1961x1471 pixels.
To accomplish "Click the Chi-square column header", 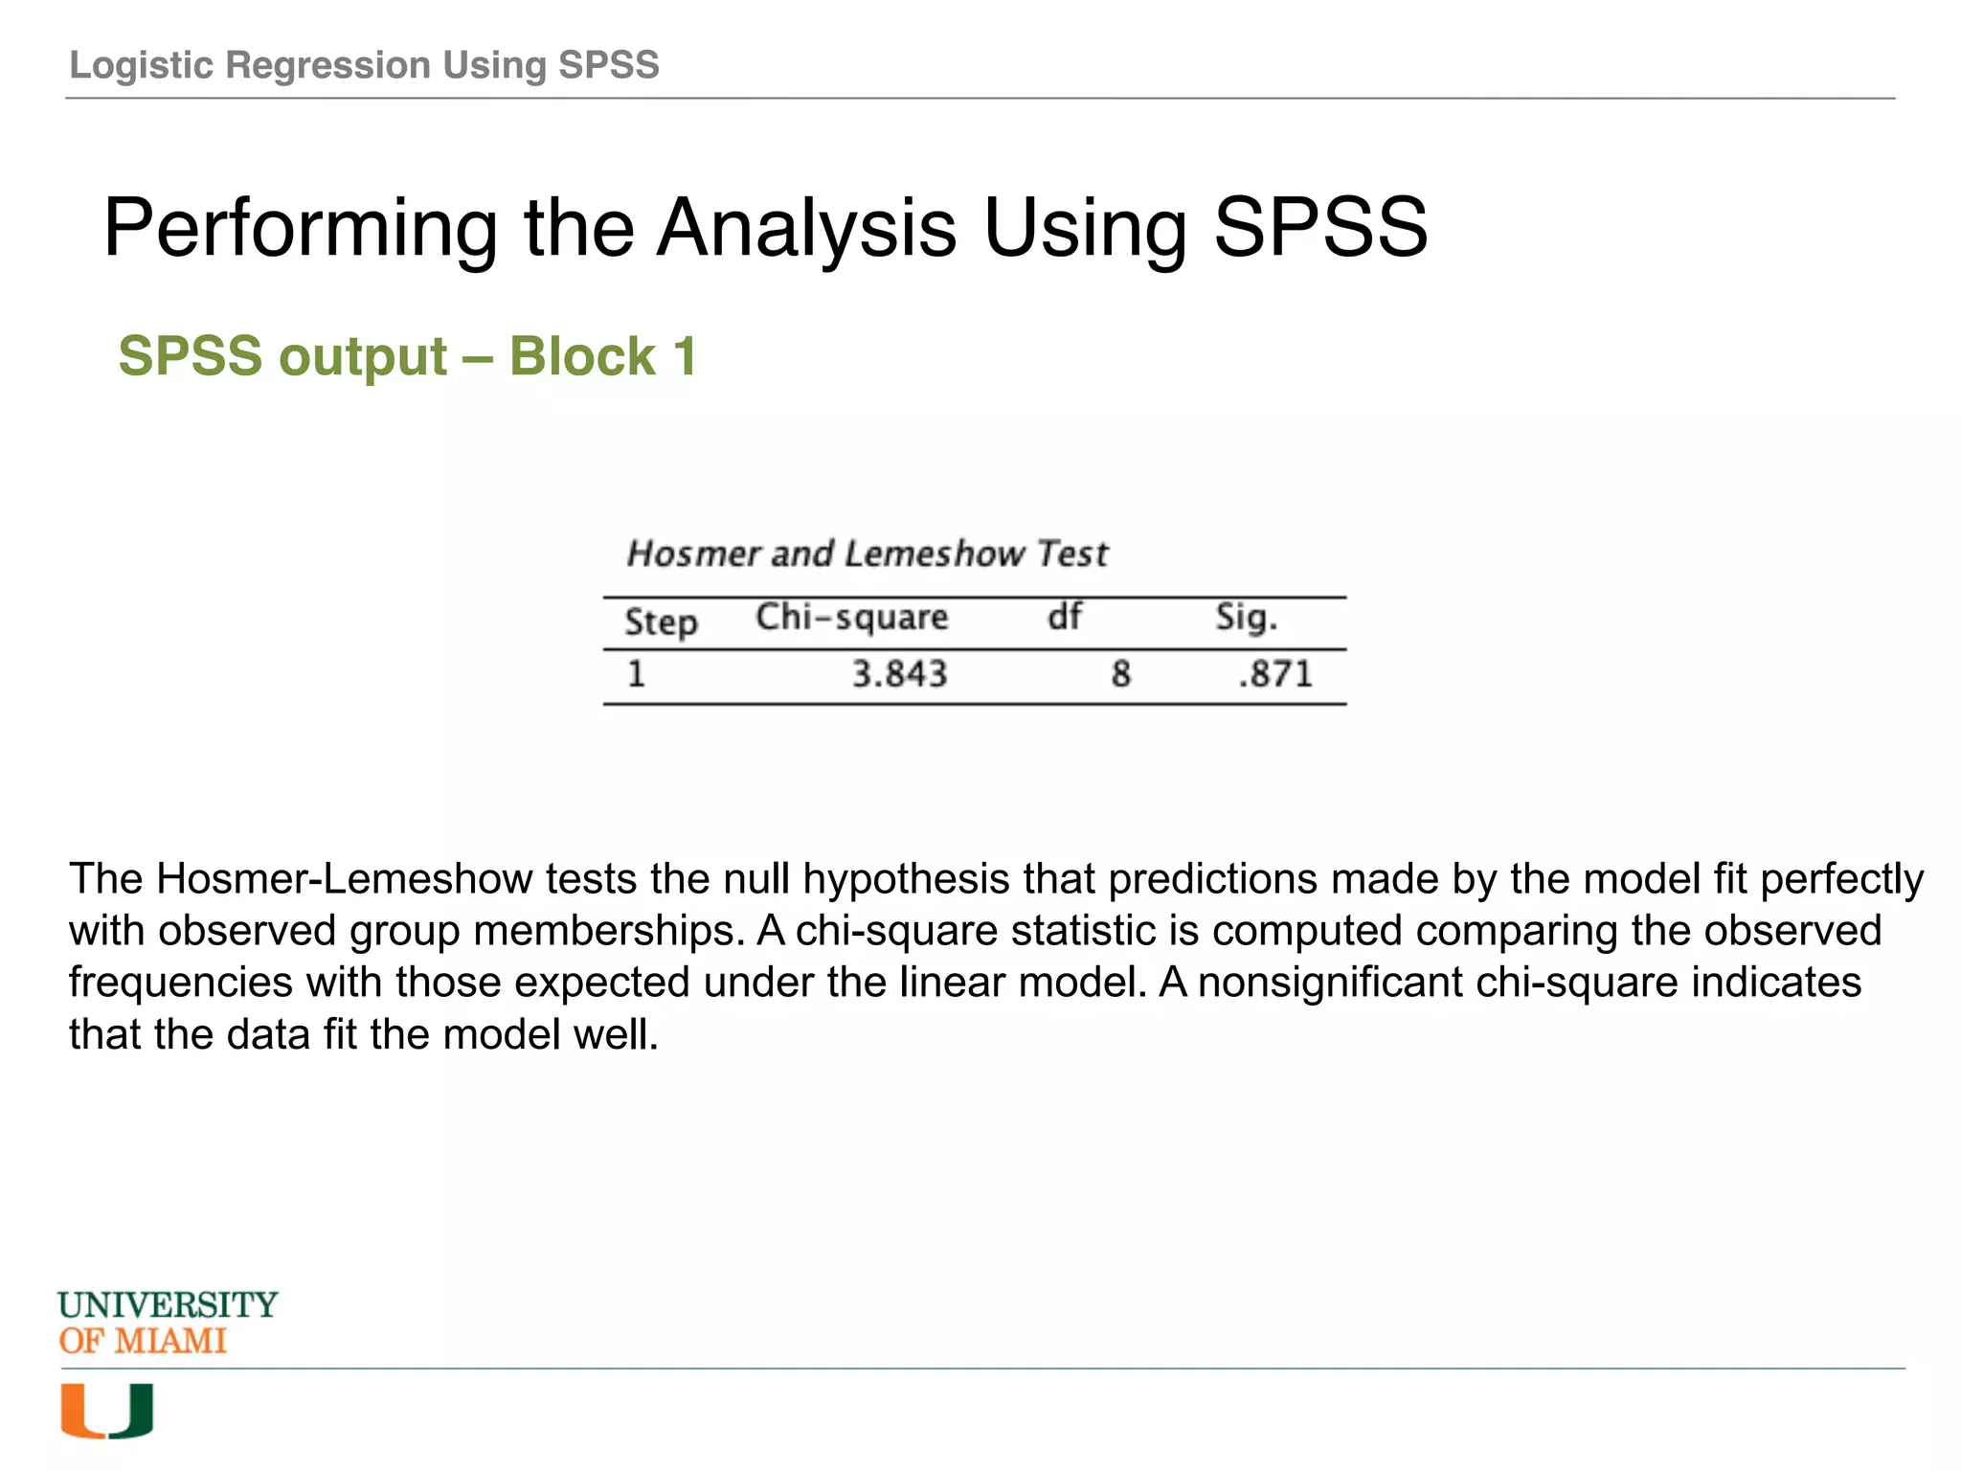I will tap(851, 618).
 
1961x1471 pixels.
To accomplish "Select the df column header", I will tap(1064, 616).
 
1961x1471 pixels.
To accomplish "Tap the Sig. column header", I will tap(1246, 618).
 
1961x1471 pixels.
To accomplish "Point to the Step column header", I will tap(661, 622).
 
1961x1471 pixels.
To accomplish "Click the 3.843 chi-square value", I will tap(899, 674).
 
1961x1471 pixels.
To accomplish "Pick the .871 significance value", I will tap(1274, 674).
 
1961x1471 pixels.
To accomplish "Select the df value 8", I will tap(1120, 674).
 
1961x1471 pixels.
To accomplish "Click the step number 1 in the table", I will tap(637, 674).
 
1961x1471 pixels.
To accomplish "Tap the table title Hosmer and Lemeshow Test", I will tap(867, 554).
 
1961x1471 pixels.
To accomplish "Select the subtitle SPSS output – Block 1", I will tap(407, 356).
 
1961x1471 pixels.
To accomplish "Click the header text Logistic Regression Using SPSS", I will tap(364, 65).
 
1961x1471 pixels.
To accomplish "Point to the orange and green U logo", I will tap(106, 1411).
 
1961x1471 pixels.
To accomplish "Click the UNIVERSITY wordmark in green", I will tap(168, 1304).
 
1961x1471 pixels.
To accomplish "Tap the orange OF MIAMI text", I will tap(143, 1341).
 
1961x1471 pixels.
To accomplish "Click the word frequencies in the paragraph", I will tap(181, 983).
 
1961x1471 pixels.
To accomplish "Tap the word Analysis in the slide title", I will tap(806, 228).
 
